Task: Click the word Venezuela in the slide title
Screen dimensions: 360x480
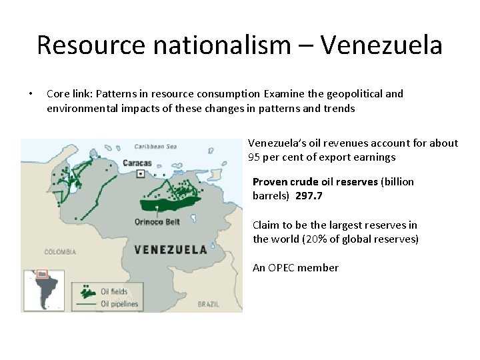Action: [x=381, y=45]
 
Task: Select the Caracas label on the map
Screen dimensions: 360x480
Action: [x=137, y=163]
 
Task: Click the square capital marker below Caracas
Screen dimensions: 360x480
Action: [x=141, y=174]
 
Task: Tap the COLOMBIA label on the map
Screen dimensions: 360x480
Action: [x=60, y=252]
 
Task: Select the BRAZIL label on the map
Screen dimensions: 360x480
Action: [x=209, y=304]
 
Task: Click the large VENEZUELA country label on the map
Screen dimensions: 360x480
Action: [x=171, y=250]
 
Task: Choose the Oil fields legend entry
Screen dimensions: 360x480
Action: [x=113, y=291]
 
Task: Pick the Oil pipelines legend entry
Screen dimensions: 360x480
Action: [x=119, y=304]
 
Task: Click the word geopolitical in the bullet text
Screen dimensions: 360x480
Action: [x=347, y=93]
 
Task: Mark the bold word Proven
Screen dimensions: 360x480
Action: [x=270, y=181]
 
